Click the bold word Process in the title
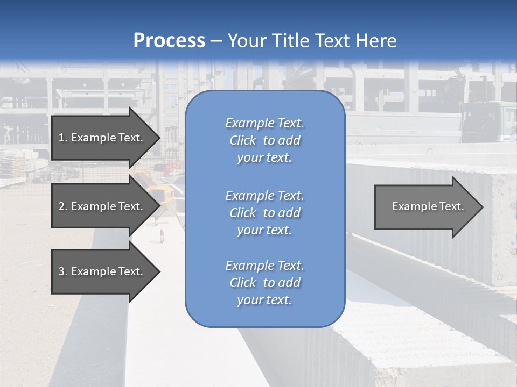[169, 41]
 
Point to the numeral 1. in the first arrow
[62, 138]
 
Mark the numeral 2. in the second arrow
[62, 206]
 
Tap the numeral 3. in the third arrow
[62, 271]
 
